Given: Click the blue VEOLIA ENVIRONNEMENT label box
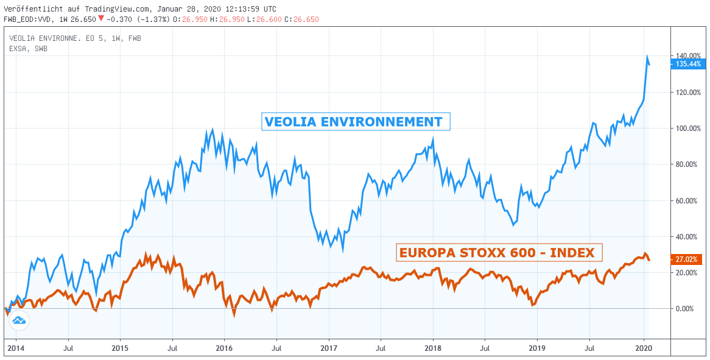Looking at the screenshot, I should (356, 122).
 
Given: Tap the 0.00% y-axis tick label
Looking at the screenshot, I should (686, 309).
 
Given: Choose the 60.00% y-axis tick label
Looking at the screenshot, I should (687, 200).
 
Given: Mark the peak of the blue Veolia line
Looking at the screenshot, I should (647, 57).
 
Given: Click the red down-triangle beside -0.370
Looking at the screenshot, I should (100, 19).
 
